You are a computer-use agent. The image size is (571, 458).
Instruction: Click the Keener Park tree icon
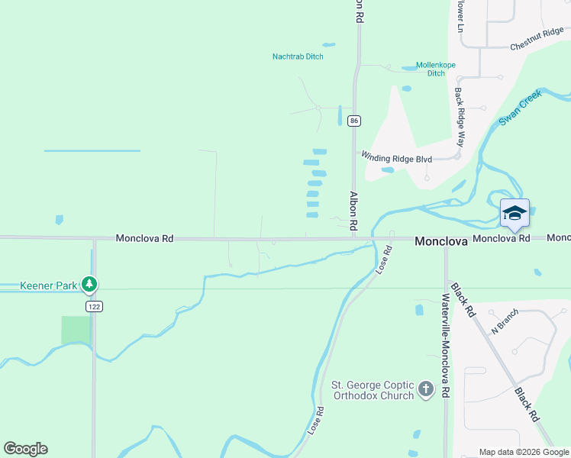90,285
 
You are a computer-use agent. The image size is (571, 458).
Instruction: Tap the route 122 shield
94,306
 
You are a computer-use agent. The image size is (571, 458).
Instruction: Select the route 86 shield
353,121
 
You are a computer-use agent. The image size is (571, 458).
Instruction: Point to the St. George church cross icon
425,390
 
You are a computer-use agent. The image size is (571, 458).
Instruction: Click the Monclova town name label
440,240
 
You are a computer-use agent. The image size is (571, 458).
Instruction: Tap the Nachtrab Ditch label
298,56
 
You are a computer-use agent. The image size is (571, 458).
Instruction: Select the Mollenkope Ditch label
436,69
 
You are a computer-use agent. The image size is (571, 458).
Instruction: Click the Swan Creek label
520,108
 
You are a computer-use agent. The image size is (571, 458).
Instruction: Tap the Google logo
25,449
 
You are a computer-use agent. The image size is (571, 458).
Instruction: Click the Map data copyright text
524,453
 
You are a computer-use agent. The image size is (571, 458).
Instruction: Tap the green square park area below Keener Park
76,330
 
